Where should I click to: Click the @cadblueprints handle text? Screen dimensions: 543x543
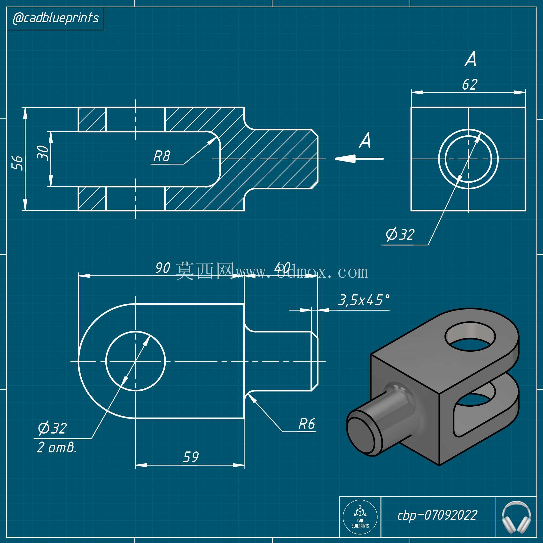56,18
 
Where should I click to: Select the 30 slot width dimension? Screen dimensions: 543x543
43,153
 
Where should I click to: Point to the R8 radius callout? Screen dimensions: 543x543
162,156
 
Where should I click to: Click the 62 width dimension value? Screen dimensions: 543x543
470,84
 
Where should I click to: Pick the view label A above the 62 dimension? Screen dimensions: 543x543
471,59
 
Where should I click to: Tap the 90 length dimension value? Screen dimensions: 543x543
163,268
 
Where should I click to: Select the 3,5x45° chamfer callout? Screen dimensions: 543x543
364,300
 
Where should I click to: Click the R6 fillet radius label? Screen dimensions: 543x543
307,424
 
